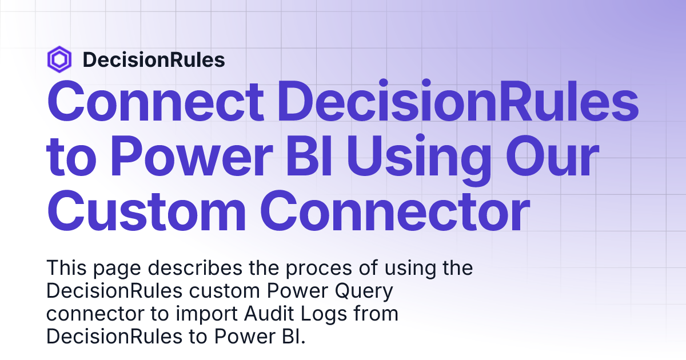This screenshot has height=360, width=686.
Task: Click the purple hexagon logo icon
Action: click(x=59, y=59)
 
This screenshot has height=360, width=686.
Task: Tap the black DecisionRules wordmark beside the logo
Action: click(x=153, y=59)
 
